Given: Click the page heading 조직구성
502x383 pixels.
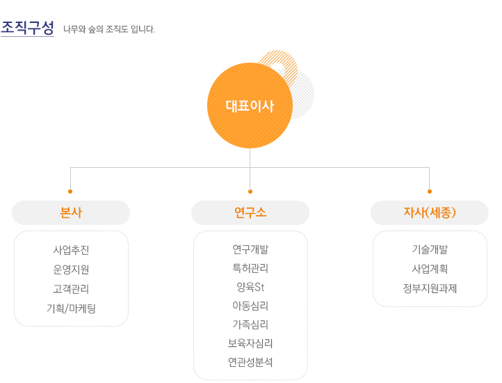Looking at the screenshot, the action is point(27,28).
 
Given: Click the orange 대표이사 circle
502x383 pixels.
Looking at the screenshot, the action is point(250,106).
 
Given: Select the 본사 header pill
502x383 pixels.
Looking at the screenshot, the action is point(71,212).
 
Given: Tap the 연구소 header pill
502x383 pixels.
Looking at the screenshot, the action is point(250,212).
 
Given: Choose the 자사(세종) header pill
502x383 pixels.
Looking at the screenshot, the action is point(430,212).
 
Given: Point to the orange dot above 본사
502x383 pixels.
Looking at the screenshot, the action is point(70,191).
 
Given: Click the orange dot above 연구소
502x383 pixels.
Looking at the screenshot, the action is point(250,191).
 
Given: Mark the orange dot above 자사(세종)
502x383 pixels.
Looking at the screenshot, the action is point(430,191).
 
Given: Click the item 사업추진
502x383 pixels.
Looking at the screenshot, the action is point(71,250).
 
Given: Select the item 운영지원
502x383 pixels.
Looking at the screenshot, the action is point(71,269).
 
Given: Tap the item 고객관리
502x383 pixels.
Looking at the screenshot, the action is point(71,289).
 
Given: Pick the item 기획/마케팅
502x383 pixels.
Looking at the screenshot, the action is point(71,308).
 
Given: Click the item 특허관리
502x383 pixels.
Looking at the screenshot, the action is point(250,268).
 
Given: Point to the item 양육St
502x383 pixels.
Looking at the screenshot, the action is point(250,287).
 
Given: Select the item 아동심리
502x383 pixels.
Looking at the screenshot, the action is point(250,306).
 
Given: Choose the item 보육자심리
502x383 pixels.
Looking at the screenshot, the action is point(250,343).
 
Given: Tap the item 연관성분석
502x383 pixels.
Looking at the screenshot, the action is point(250,362).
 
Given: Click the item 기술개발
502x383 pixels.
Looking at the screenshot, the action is point(430,249).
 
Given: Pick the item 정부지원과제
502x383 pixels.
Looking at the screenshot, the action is point(430,288).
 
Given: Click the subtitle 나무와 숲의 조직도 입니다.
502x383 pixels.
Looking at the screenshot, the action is point(109,29).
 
